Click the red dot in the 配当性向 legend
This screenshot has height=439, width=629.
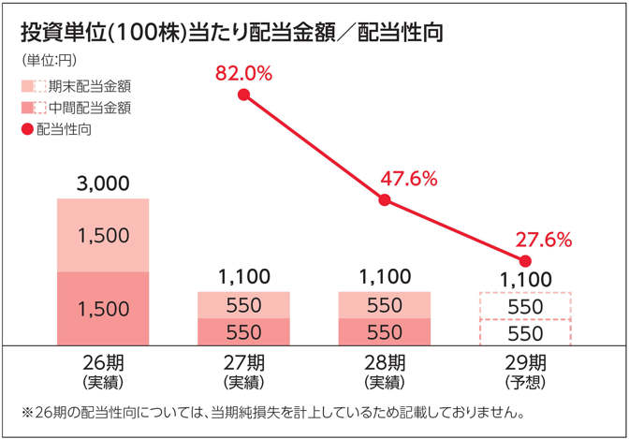click(26, 129)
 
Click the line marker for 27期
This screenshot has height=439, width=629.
click(243, 95)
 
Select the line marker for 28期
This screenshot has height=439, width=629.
click(384, 199)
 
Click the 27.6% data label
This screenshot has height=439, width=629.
click(544, 240)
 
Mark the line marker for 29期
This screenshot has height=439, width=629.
click(525, 260)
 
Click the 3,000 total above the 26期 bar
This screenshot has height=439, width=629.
click(103, 183)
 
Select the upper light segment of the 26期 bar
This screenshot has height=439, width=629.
click(103, 235)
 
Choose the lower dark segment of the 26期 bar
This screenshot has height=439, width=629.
click(103, 308)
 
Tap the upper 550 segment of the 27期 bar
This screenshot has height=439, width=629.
click(243, 305)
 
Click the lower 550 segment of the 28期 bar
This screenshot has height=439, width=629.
click(384, 331)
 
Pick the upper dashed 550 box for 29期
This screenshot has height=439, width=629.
click(525, 306)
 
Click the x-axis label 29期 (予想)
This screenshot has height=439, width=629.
click(525, 371)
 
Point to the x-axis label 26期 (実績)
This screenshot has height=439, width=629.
click(103, 371)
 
